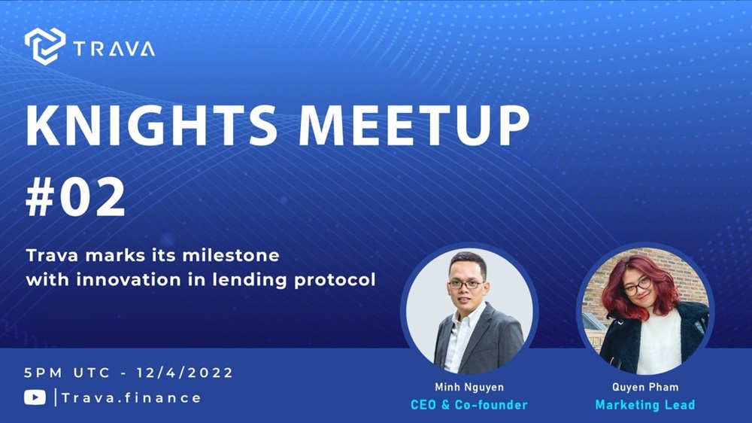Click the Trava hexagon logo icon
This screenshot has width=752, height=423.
tap(45, 46)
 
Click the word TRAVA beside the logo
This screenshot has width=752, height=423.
tap(114, 49)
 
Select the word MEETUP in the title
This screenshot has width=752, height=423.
tap(414, 125)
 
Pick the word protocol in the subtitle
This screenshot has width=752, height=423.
tap(335, 280)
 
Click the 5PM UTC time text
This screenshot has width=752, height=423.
tap(68, 373)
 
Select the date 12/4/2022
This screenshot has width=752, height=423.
tap(185, 373)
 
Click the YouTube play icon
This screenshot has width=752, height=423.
tap(35, 397)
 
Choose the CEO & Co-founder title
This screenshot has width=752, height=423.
tap(469, 405)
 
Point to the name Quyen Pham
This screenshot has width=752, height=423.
tap(645, 387)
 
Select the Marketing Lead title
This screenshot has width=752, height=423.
tap(645, 405)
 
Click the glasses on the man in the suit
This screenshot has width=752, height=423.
tap(465, 285)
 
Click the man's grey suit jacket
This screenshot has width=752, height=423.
tap(499, 339)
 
